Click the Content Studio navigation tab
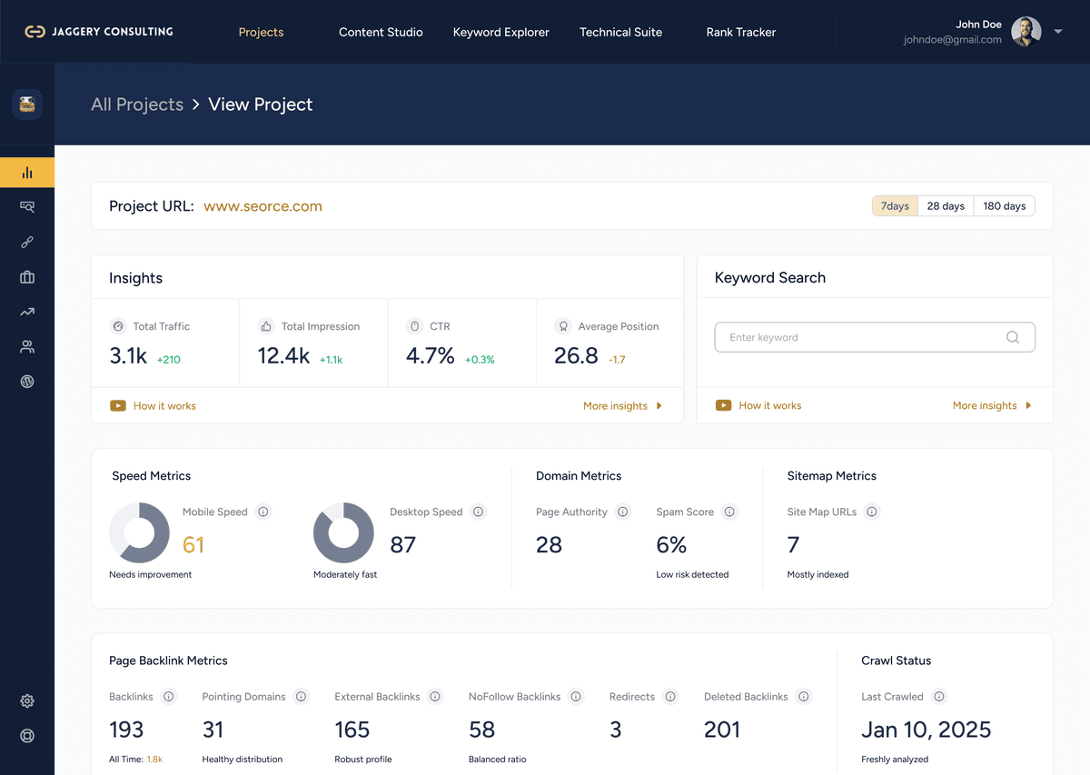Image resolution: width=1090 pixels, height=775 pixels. [x=381, y=32]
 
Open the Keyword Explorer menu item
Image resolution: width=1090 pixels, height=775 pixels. [x=500, y=32]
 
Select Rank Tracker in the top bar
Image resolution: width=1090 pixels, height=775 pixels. [x=740, y=32]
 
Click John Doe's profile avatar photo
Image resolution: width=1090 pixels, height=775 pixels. [x=1026, y=32]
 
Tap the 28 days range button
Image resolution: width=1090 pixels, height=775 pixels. [x=946, y=206]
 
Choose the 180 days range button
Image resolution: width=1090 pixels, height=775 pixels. [x=1004, y=206]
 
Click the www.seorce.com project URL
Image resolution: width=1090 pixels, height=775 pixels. [x=263, y=206]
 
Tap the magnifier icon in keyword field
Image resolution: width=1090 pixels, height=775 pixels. [x=1012, y=337]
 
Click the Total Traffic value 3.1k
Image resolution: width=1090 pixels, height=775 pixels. [x=128, y=356]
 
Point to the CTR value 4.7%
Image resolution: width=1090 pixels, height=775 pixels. [x=430, y=356]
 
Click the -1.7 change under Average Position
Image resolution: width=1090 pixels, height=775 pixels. [x=617, y=360]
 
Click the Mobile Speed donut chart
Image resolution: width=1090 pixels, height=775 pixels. [x=139, y=533]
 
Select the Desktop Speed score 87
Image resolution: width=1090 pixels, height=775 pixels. [x=402, y=544]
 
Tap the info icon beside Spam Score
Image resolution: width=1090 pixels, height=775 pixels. [x=729, y=512]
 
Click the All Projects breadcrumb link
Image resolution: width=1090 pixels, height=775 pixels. [x=137, y=104]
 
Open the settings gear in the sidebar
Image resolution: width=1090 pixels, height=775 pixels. [x=27, y=700]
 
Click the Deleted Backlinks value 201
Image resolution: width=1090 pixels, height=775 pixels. [x=722, y=730]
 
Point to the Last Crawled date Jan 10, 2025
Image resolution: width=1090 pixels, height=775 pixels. [x=926, y=730]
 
